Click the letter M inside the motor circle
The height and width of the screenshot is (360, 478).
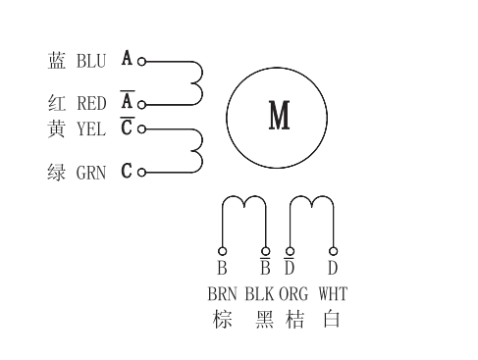click(280, 117)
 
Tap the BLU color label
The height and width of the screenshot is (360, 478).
click(91, 61)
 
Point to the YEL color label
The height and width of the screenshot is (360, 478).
click(91, 129)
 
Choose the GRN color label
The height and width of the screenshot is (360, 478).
click(91, 173)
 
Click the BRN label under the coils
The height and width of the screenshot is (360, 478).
click(222, 293)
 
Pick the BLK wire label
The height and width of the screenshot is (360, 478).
click(260, 293)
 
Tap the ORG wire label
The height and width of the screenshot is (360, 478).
click(293, 293)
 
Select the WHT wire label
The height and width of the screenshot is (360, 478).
click(334, 293)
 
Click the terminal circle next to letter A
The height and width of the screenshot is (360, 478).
click(142, 61)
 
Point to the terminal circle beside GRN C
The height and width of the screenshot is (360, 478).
click(142, 173)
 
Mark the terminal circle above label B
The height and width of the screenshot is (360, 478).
click(223, 249)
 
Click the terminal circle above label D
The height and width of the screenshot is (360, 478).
click(334, 249)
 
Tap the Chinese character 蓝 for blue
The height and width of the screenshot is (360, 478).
click(57, 61)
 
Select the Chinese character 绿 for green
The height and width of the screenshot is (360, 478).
click(57, 173)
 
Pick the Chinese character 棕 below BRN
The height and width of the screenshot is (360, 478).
click(223, 320)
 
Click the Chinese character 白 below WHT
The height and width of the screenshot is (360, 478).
click(333, 320)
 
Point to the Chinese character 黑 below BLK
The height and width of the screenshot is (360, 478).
click(264, 320)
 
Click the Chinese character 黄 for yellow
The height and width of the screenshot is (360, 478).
click(57, 129)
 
